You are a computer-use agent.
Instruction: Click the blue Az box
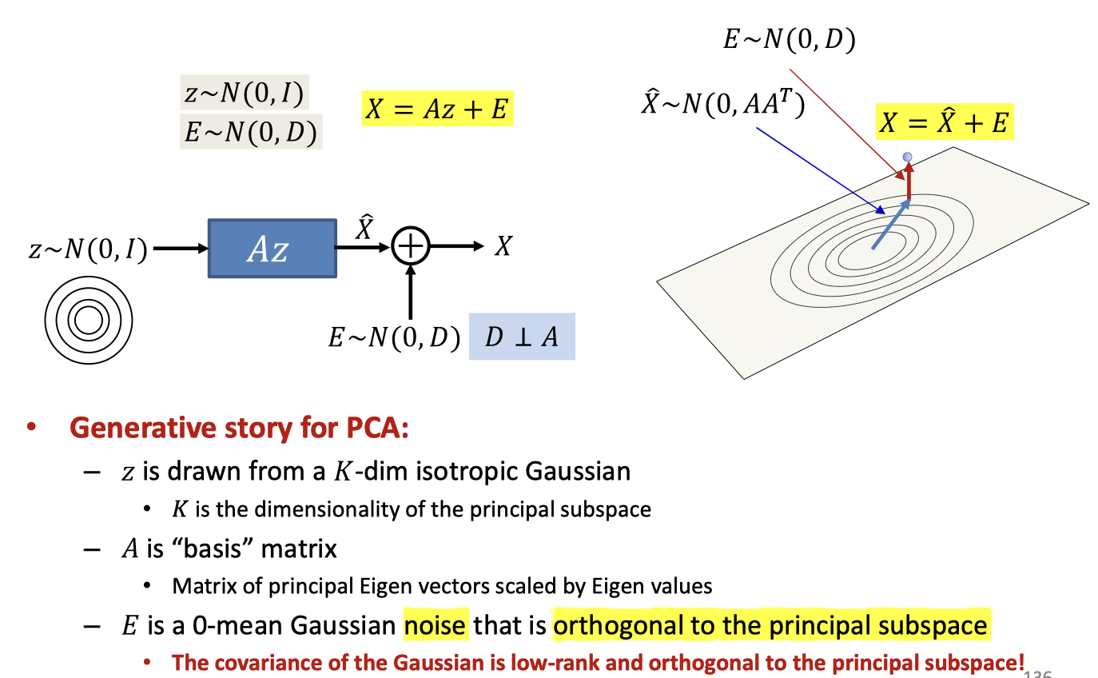click(x=272, y=249)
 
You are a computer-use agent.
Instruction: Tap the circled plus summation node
click(x=410, y=247)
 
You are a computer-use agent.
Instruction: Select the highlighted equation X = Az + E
click(x=436, y=108)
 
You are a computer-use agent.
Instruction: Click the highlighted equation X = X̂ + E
click(x=945, y=123)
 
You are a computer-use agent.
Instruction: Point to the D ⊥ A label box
click(x=522, y=337)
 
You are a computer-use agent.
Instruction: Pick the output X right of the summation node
click(x=502, y=247)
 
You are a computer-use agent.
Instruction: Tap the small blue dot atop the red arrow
click(x=907, y=157)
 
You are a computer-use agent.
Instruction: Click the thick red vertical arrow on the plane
click(x=908, y=182)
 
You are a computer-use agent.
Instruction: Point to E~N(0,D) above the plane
click(x=789, y=39)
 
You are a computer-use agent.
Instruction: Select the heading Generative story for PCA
click(x=240, y=429)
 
